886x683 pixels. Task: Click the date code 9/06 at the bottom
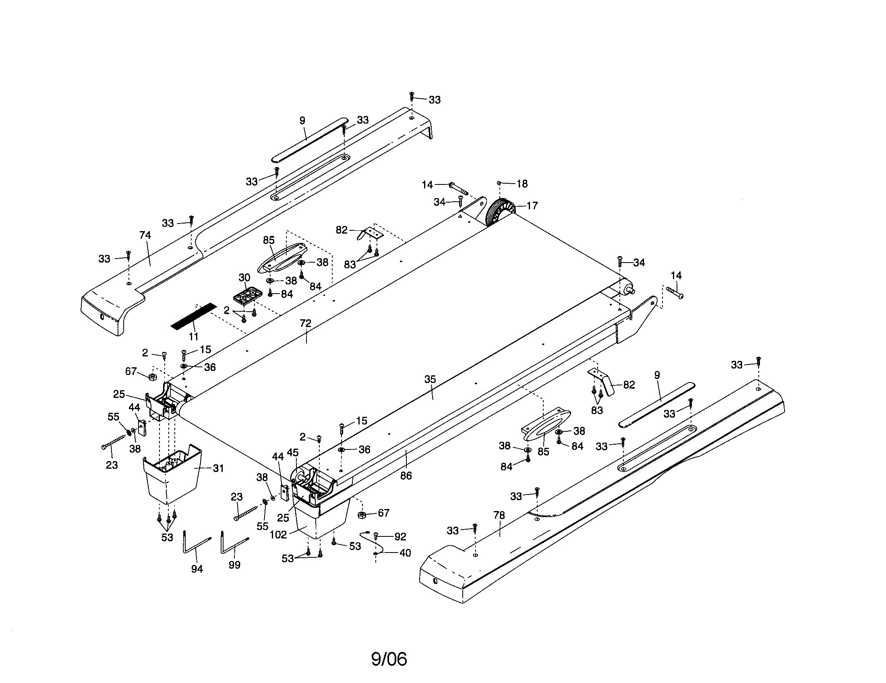click(389, 659)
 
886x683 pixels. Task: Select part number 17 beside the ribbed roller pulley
click(532, 206)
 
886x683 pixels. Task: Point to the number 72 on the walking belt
click(305, 323)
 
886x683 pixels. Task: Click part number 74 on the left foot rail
click(145, 235)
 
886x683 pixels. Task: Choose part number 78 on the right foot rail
click(499, 515)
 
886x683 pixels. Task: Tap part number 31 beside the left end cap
click(218, 468)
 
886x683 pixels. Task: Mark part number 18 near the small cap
click(522, 184)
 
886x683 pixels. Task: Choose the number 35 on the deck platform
click(430, 379)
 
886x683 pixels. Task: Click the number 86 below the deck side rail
click(406, 476)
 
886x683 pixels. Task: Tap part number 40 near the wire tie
click(405, 553)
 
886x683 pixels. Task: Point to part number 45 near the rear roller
click(292, 452)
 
